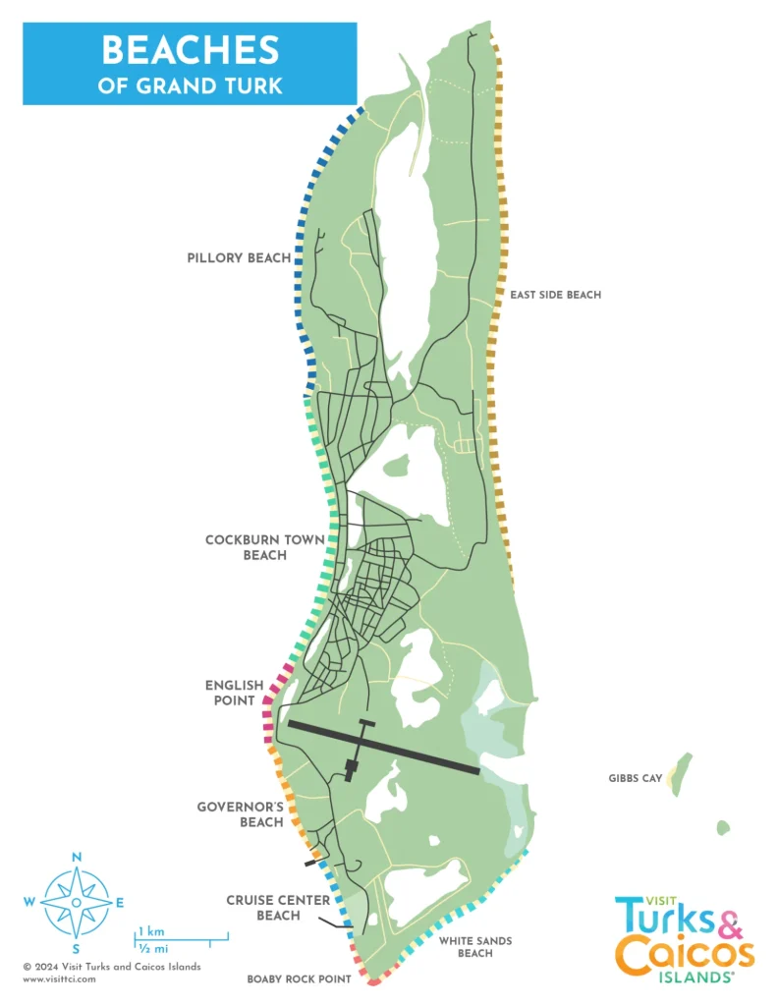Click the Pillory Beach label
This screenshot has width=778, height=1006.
tap(239, 258)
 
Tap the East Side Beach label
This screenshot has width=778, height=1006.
tap(555, 295)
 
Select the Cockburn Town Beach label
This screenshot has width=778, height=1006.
tap(246, 547)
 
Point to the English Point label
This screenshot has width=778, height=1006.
tap(234, 693)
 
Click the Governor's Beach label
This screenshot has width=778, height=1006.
tap(240, 814)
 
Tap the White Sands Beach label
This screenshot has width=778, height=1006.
tap(475, 947)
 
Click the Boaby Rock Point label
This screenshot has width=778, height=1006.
tap(299, 979)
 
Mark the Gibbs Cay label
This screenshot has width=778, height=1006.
tap(636, 779)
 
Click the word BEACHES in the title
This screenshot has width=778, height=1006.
tap(191, 50)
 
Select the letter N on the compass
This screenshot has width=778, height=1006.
tap(76, 858)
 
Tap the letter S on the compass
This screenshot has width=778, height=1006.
tap(76, 949)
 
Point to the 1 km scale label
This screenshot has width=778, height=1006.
tap(150, 929)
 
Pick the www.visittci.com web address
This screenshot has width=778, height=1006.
tap(59, 978)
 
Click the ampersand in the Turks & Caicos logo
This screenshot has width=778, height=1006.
tap(728, 922)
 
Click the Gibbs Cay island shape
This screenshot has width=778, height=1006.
tap(681, 771)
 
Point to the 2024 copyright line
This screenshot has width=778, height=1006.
tap(112, 967)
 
